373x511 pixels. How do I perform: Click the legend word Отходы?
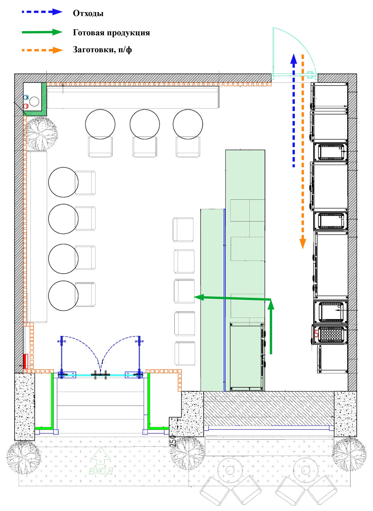pos(88,13)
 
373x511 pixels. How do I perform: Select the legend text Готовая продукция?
pos(111,33)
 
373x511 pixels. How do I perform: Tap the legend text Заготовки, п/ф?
pos(102,50)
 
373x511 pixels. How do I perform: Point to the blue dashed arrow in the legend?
pos(42,12)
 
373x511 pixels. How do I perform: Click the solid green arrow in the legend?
pos(42,32)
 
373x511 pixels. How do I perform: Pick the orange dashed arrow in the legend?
pos(42,50)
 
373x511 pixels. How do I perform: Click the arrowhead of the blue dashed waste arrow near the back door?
pos(294,59)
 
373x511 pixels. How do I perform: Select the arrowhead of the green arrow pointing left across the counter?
pos(199,297)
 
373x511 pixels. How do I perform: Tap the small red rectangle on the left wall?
pos(25,361)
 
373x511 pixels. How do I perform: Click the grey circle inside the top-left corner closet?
pos(34,101)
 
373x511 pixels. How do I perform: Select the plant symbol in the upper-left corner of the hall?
pos(41,134)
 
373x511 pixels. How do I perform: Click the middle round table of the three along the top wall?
pos(145,124)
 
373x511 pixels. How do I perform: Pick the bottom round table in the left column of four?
pos(63,296)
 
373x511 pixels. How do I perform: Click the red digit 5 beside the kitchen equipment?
pos(316,334)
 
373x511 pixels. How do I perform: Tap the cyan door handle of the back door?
pos(310,73)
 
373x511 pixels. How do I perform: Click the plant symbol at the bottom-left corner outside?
pos(24,458)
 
